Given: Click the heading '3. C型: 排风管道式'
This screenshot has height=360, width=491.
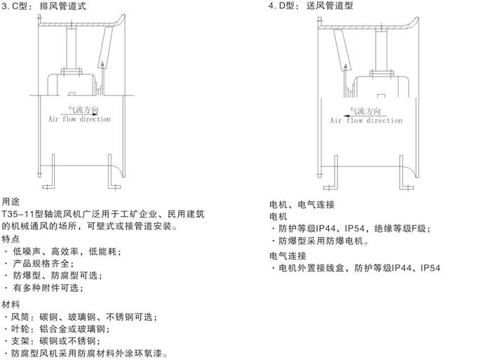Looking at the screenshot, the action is pos(43,6).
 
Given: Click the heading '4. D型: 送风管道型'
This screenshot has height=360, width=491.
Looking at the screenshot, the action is pos(311,6).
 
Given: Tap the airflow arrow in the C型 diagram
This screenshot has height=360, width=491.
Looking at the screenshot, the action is pos(79,114).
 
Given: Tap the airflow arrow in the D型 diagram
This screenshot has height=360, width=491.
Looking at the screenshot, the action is pos(365,116).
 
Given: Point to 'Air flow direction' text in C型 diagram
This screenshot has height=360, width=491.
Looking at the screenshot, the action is pos(79,119).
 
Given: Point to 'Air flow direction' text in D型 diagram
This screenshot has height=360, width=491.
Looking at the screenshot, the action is pos(366,120).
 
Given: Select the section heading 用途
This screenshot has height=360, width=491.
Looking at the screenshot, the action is pos(11,201).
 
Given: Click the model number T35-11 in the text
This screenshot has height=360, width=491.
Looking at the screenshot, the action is pos(18,214).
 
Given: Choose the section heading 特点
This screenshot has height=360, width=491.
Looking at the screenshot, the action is pos(11,239).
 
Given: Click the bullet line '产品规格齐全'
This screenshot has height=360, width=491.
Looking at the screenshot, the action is pos(40,263).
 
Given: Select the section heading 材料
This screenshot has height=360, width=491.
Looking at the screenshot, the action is pos(11,305).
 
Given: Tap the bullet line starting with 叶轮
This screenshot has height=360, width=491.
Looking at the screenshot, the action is pos(57,329).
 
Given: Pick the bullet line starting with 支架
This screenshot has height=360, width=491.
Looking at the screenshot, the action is pos(53,341).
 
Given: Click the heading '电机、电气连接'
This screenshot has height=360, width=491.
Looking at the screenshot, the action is pos(302,205).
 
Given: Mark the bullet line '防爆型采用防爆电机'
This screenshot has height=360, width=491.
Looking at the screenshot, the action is pos(321,241).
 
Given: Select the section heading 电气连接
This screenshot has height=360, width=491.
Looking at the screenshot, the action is pos(288,256).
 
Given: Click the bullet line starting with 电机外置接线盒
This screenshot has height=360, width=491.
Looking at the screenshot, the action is pos(356,268).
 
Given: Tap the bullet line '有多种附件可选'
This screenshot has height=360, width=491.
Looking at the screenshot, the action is pos(43,288).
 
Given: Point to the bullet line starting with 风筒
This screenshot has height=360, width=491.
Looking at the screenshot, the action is pos(81,317).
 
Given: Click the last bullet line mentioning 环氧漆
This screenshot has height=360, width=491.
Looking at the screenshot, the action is pos(86,354).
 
